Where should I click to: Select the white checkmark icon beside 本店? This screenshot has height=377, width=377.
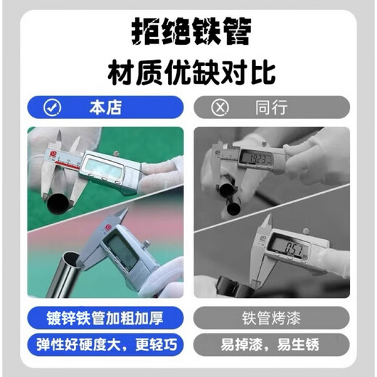(x=52, y=108)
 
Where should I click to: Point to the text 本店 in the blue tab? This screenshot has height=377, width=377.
(x=105, y=108)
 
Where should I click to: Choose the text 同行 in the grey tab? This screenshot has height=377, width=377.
(x=272, y=108)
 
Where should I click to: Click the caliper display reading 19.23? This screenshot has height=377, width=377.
(x=254, y=157)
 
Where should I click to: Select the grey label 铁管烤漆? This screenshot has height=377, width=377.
(x=272, y=318)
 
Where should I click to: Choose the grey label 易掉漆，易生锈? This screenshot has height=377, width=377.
(x=272, y=344)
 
